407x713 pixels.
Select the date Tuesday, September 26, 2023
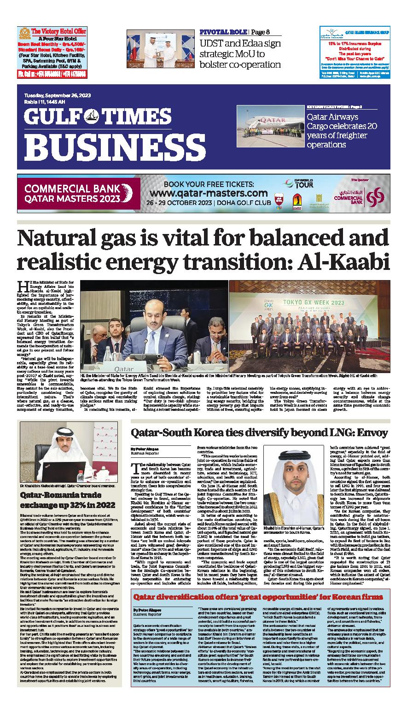point(57,95)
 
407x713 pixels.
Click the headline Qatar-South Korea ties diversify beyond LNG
point(259,432)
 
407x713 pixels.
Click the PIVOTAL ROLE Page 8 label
point(234,32)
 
